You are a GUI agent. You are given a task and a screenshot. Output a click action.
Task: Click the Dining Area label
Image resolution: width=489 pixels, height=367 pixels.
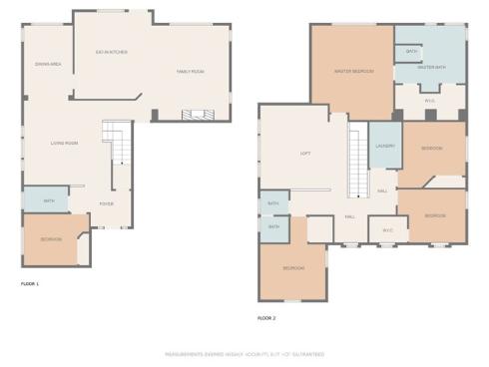(48, 63)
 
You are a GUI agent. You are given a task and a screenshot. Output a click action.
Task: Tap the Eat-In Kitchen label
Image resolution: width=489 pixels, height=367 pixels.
(111, 52)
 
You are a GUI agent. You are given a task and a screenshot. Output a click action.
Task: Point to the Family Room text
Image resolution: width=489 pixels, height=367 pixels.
(191, 72)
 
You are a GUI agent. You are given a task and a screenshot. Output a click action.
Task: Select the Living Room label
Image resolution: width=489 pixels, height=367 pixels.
(66, 143)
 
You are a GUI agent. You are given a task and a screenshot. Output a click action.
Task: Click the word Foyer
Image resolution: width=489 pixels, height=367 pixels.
(106, 203)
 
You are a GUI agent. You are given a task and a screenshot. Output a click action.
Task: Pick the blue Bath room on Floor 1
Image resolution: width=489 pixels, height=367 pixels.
(48, 199)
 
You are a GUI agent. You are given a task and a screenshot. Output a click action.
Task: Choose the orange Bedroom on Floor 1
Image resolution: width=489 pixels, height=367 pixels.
(51, 239)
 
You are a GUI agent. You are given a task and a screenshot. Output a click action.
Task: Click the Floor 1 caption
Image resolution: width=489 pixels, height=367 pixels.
(30, 284)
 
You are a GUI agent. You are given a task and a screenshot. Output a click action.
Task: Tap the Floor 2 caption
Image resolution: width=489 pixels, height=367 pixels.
(266, 317)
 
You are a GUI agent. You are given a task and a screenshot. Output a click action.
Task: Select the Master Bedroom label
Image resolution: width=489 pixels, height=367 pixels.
(353, 70)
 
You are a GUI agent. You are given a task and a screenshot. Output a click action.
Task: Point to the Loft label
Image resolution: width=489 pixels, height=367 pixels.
(306, 153)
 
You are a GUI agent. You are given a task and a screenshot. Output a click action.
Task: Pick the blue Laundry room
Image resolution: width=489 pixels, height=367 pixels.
(385, 147)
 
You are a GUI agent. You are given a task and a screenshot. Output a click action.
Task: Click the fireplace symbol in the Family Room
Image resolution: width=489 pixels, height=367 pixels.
(196, 115)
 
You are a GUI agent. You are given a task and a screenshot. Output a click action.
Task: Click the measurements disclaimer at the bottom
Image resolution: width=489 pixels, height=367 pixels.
(244, 354)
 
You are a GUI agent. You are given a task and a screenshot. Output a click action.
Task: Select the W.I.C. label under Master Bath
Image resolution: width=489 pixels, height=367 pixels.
(430, 99)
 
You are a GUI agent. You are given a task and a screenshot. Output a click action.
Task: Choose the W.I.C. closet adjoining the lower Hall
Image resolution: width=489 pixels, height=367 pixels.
(387, 230)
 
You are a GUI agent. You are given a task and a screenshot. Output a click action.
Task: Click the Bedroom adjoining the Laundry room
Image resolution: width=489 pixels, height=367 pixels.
(432, 149)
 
